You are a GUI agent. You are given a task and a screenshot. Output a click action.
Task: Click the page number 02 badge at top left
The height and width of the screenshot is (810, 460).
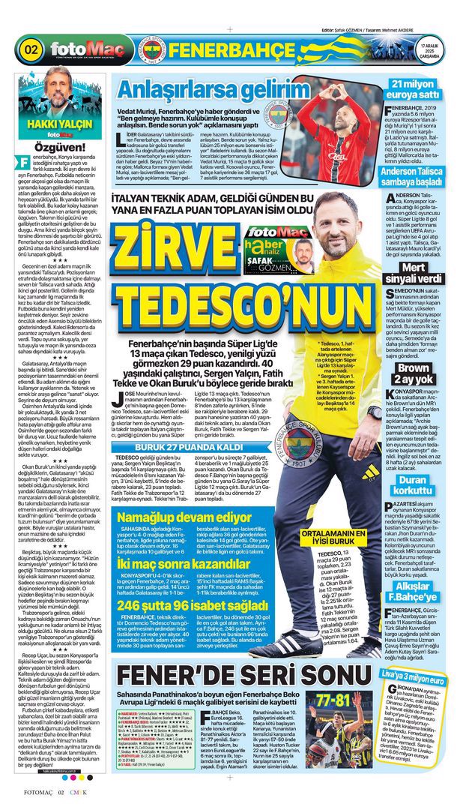coord(31,50)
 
